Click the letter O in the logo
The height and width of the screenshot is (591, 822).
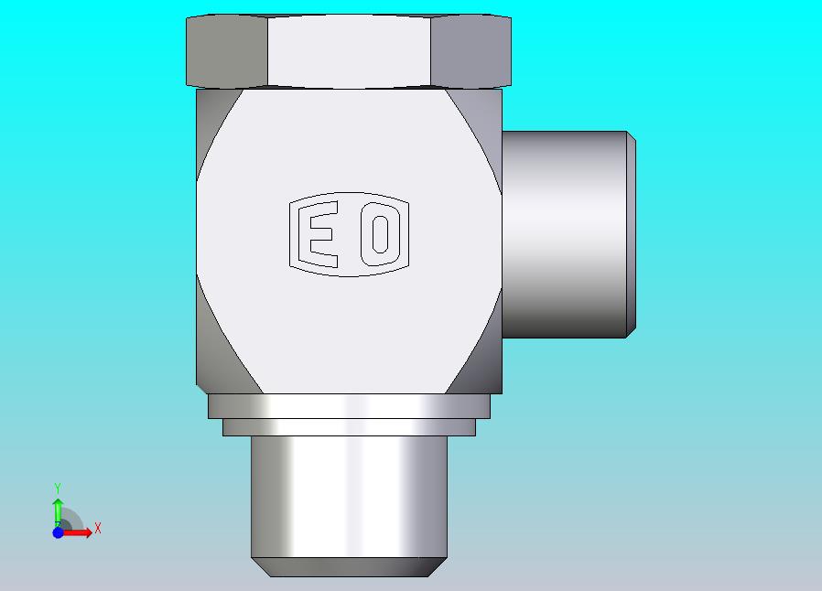(380, 233)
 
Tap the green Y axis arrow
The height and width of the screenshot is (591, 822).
(58, 511)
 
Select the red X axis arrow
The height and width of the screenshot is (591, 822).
(77, 532)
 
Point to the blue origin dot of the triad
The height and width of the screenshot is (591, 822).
(59, 532)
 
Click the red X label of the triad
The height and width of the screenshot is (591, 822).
(98, 528)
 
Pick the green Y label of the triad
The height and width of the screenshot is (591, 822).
(58, 489)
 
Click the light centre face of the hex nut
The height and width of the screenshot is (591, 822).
(349, 51)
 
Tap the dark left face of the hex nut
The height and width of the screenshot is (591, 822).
(227, 51)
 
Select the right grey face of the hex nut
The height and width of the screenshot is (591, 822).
(470, 51)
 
